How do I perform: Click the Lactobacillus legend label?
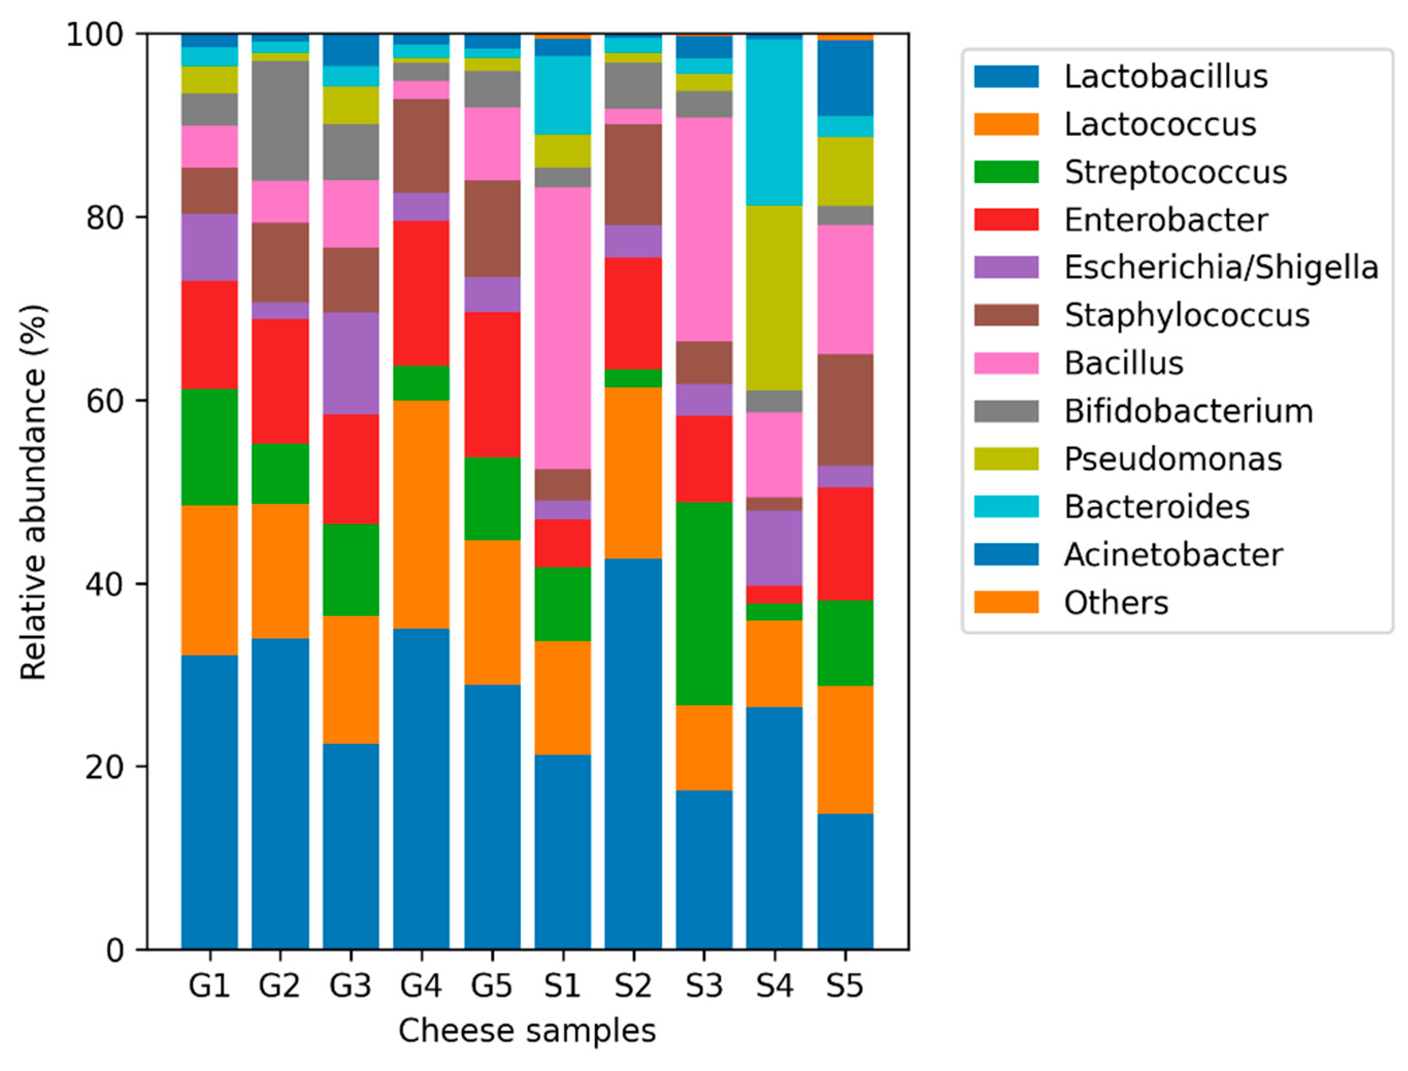(1165, 76)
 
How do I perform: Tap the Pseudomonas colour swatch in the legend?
(1006, 458)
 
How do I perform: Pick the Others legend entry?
(1116, 602)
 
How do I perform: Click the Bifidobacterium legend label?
(1188, 411)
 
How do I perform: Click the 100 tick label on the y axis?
(95, 35)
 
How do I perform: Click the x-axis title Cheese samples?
(526, 1030)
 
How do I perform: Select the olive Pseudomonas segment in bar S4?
(774, 298)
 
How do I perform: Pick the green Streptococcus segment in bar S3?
(704, 603)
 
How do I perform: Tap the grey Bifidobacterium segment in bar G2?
(280, 121)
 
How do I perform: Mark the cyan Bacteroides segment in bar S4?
(774, 122)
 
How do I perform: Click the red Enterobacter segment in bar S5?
(844, 543)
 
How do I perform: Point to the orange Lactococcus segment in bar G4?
(421, 514)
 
